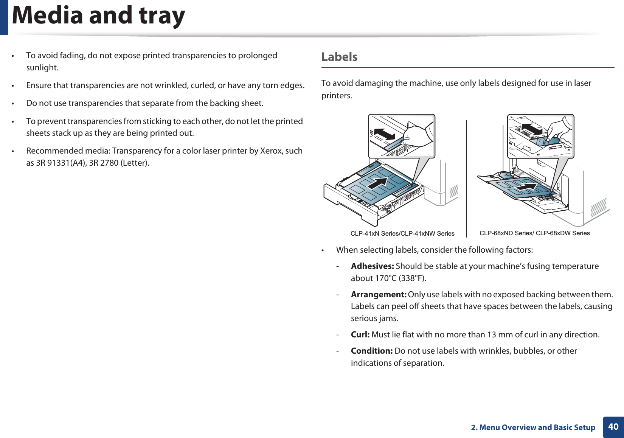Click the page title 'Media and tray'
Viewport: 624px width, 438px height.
pos(98,16)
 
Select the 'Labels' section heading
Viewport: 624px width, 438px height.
pos(339,57)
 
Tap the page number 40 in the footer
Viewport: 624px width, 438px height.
pos(613,427)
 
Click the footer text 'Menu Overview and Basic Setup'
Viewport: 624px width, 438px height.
pos(537,427)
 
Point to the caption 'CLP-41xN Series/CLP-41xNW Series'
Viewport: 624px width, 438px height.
pos(402,234)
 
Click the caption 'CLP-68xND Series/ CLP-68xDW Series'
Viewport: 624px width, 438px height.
pos(534,233)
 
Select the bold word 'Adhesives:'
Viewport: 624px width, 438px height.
pos(372,266)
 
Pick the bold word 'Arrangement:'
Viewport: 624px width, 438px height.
pos(378,295)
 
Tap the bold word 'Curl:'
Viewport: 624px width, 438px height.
pos(360,335)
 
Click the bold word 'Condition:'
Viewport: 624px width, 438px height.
pos(371,351)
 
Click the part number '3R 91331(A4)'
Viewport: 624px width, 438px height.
pos(61,163)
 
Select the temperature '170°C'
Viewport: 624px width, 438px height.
pos(386,278)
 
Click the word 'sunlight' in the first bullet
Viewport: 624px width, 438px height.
pos(42,68)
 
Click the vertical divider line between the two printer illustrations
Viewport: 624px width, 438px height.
pos(466,178)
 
